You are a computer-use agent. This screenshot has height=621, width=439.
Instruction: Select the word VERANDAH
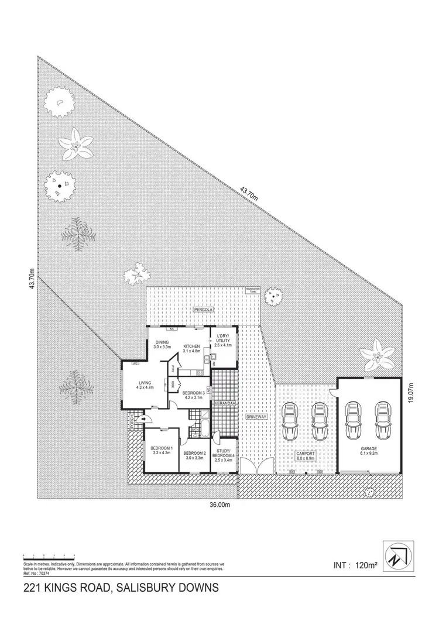point(224,404)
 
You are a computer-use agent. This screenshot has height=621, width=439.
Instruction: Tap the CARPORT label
point(304,454)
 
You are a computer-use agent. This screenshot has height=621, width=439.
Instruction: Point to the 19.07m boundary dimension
point(411,392)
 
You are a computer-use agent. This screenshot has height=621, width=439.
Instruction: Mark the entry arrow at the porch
point(144,419)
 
